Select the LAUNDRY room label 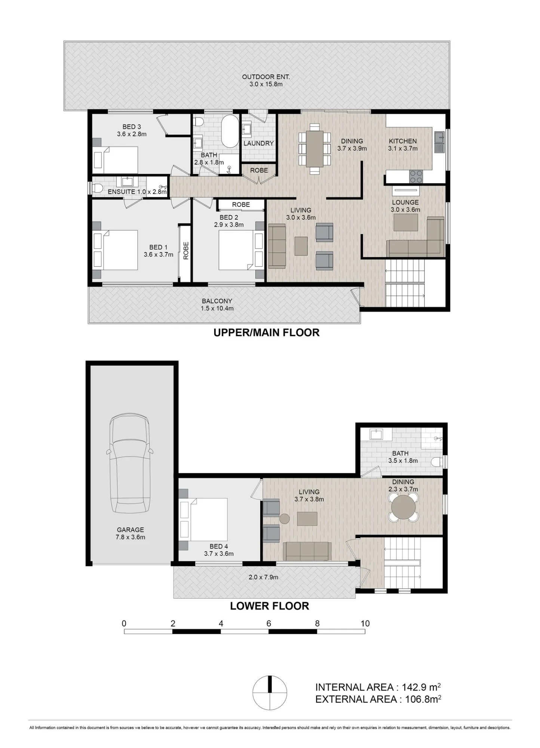coord(259,143)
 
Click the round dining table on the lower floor coord(403,507)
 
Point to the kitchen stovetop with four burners coord(416,177)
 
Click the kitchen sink coord(439,142)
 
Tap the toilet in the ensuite coord(97,188)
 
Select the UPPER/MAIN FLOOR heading coord(266,332)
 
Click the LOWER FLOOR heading coord(269,606)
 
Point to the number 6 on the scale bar coord(269,623)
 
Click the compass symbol coord(270,693)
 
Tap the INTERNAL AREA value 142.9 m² coord(421,687)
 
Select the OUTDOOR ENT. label coord(266,77)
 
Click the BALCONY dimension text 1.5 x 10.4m coord(217,309)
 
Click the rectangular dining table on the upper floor coord(315,149)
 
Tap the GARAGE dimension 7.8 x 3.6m coord(130,537)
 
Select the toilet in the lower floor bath coord(437,462)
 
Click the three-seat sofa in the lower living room coord(307,551)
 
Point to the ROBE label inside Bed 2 coord(241,205)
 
